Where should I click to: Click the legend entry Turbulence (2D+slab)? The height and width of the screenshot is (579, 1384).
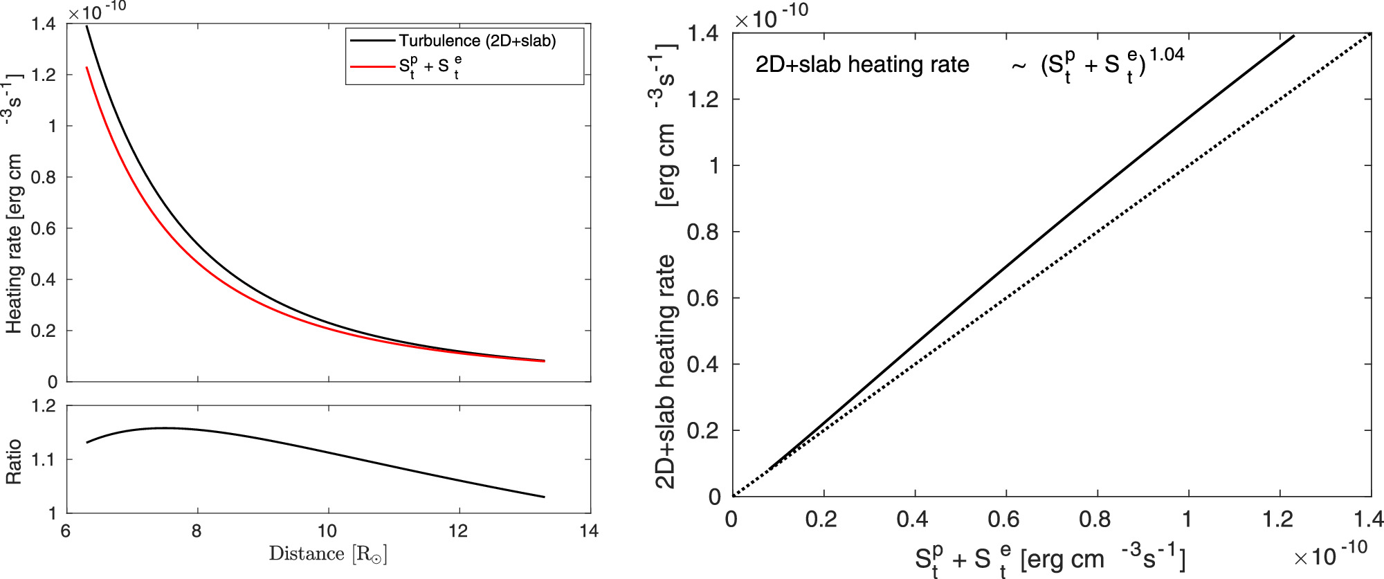[x=477, y=41]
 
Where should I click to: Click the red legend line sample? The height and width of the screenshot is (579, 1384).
[x=372, y=66]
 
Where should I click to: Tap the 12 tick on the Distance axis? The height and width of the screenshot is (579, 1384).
[x=458, y=531]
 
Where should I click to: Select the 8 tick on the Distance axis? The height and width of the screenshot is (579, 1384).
[x=197, y=531]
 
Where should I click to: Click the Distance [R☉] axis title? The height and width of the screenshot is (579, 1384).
[x=328, y=554]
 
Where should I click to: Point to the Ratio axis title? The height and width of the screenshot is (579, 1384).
[x=13, y=461]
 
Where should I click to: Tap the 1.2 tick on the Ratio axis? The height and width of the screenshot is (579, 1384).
[x=44, y=406]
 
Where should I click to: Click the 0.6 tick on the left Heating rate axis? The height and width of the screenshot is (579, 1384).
[x=44, y=228]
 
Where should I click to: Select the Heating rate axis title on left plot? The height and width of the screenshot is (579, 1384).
[x=14, y=208]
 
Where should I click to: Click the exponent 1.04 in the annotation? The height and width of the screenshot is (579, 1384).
[x=1167, y=55]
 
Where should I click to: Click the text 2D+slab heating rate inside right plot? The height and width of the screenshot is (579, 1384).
[x=862, y=64]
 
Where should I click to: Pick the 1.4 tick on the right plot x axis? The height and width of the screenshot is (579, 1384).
[x=1368, y=520]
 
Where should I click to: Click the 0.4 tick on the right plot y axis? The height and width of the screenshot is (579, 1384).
[x=704, y=365]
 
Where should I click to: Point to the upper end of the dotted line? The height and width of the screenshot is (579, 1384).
[x=1370, y=33]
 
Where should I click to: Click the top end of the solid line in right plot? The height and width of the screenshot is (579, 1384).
[x=1293, y=35]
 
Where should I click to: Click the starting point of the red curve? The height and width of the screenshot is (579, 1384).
[x=86, y=67]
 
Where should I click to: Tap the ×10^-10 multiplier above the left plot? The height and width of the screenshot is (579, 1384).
[x=97, y=12]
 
